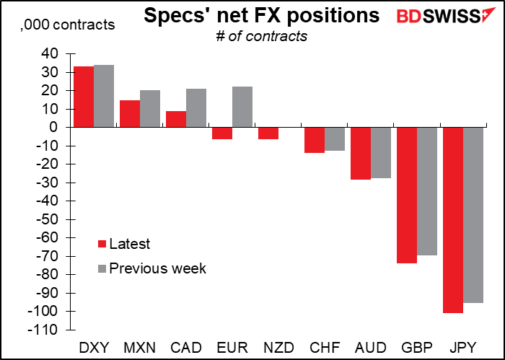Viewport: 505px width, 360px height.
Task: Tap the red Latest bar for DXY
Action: [83, 97]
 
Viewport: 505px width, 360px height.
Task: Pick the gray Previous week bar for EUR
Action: [242, 107]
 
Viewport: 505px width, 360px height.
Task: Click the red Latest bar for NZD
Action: [268, 133]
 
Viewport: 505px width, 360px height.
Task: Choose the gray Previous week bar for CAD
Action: [196, 107]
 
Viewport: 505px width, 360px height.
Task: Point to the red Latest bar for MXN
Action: [130, 113]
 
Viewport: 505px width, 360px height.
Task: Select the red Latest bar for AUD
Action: [359, 153]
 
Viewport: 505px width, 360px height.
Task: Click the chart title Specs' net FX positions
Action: [262, 16]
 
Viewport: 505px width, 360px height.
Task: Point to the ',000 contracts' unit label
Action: [68, 25]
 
